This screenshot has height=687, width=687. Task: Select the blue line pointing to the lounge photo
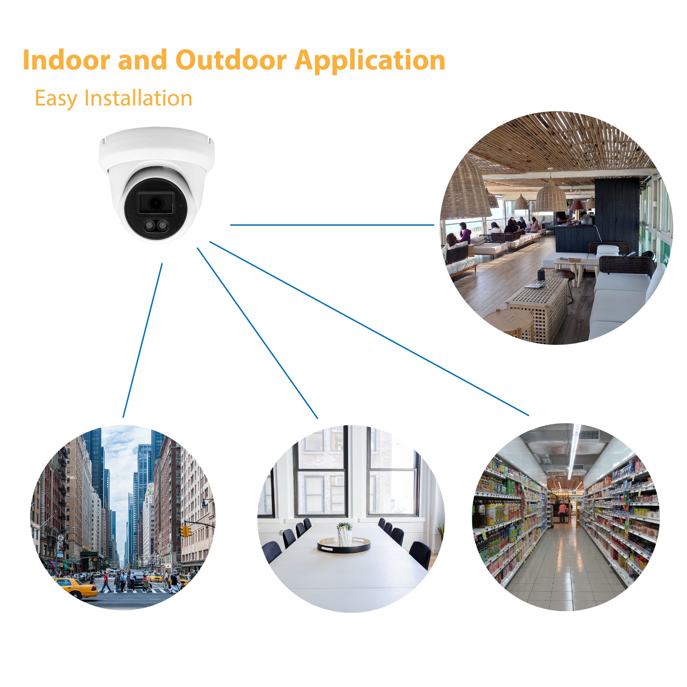click(332, 225)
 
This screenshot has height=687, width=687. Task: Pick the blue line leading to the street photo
click(142, 340)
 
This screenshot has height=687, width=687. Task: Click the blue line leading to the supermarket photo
click(369, 328)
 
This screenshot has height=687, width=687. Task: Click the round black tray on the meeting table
click(344, 545)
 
